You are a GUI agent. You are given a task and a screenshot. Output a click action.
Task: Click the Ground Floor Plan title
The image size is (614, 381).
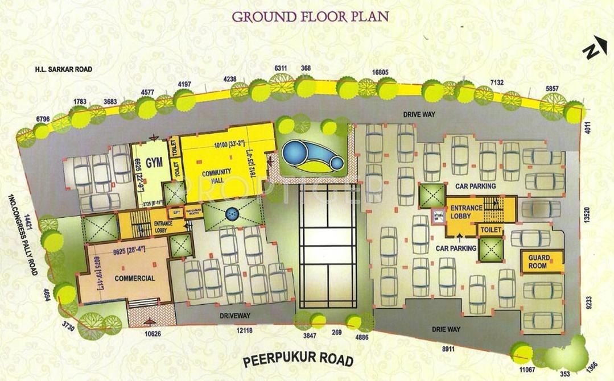310,15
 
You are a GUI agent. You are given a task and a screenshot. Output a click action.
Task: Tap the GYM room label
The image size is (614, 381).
154,163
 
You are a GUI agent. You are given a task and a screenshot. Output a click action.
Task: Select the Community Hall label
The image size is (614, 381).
216,176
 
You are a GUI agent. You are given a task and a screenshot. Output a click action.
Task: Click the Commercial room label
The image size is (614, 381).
134,279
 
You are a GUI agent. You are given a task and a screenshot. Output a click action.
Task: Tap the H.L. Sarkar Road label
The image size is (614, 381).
63,69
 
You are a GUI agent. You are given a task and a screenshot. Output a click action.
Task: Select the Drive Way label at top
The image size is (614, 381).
419,114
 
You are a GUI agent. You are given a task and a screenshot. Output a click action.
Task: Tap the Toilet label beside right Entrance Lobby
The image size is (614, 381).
491,230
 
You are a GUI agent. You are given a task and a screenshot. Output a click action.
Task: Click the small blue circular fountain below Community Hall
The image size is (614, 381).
231,214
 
